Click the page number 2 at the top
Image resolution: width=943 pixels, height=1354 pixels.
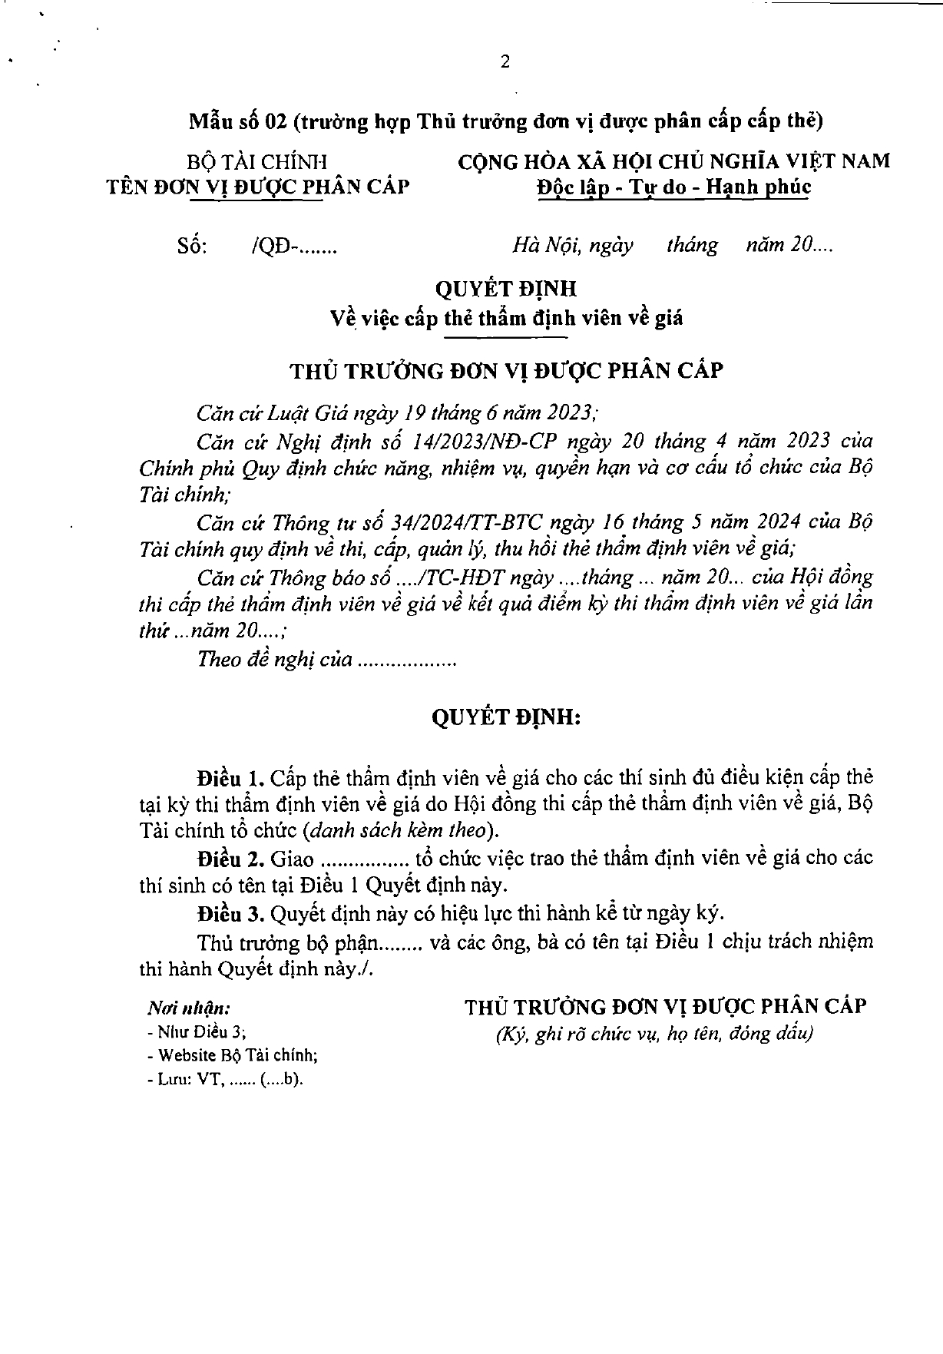coord(505,63)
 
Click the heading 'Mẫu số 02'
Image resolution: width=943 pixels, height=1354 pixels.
coord(237,121)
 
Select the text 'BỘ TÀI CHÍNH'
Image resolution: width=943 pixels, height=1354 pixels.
coord(257,162)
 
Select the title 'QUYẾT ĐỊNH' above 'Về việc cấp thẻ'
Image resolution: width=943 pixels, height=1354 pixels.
coord(505,289)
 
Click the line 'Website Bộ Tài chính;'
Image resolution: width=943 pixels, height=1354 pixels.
coord(235,1055)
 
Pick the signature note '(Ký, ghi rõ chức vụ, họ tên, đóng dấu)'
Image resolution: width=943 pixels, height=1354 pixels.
coord(653,1034)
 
